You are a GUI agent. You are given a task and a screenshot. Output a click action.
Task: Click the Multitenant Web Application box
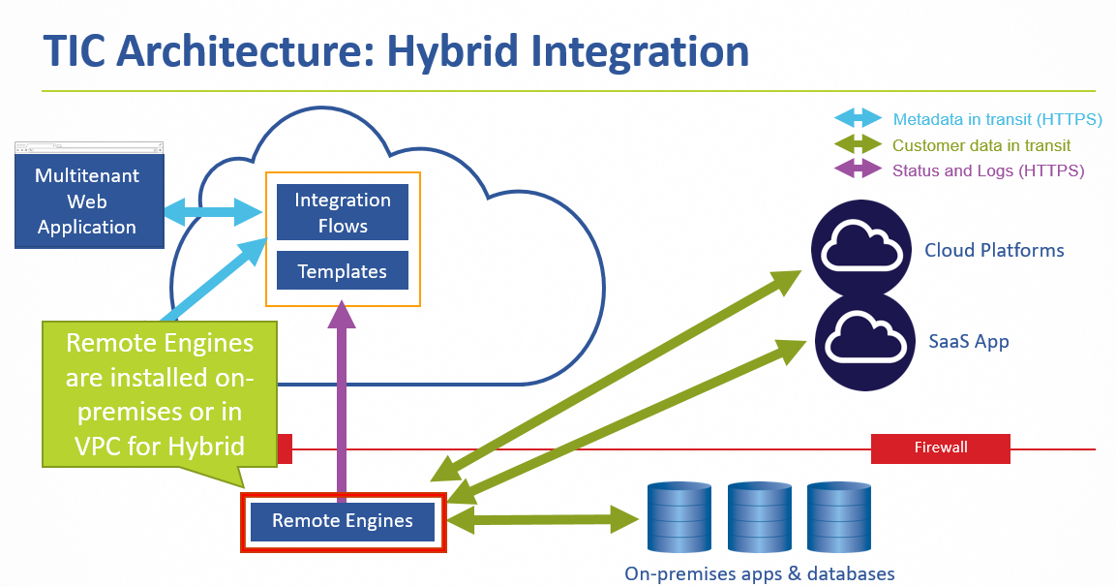point(87,201)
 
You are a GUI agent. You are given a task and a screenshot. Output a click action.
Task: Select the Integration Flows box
point(343,213)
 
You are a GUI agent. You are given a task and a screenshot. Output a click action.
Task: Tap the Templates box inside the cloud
point(343,271)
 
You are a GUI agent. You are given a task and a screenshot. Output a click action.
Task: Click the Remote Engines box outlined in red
point(343,521)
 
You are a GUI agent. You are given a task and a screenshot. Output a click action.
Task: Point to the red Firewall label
point(940,448)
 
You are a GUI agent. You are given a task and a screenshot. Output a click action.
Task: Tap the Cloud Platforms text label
point(994,250)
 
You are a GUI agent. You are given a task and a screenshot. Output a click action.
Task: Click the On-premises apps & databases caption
point(760,573)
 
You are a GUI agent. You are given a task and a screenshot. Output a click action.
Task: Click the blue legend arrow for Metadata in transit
point(859,119)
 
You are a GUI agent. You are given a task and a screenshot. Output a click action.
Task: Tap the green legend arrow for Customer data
point(859,145)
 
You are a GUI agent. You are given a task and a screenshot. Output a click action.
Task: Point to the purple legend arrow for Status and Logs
point(859,170)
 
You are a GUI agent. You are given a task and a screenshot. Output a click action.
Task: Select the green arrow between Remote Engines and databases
point(543,520)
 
